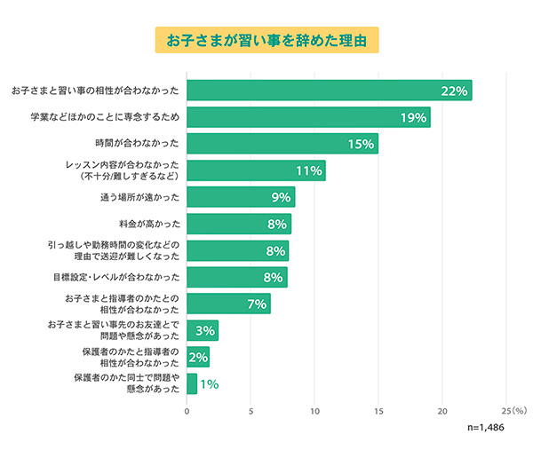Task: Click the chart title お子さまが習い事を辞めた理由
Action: [266, 41]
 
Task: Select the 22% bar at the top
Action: [329, 91]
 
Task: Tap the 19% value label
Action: [412, 117]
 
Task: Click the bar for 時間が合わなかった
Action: [282, 144]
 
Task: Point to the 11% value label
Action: [307, 170]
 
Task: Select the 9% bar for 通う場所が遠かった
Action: [240, 197]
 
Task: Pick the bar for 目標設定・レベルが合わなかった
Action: [237, 278]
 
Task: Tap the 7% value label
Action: [257, 304]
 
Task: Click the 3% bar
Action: [203, 331]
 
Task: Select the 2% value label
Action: [198, 358]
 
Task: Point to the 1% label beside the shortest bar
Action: [210, 384]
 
